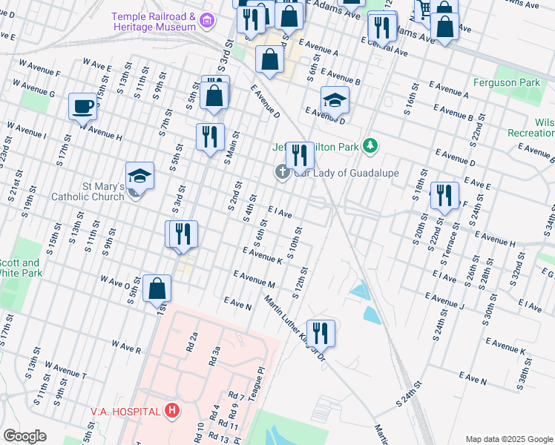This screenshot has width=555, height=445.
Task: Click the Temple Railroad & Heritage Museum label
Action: [154, 22]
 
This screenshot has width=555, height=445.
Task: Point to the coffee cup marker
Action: [82, 105]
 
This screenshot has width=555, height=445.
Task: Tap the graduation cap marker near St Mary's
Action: [139, 177]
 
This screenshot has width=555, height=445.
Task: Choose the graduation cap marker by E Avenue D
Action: [335, 100]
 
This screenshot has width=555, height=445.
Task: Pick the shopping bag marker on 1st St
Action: [157, 289]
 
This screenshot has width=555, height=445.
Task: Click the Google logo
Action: [25, 436]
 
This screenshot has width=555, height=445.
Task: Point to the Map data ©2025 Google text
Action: [509, 438]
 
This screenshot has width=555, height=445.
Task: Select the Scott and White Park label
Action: [20, 268]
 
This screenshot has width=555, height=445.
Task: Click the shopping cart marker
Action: [424, 9]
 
